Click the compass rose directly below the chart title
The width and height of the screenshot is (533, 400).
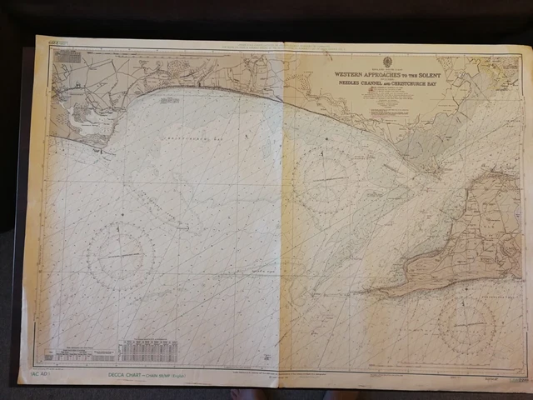click(x=326, y=179)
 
